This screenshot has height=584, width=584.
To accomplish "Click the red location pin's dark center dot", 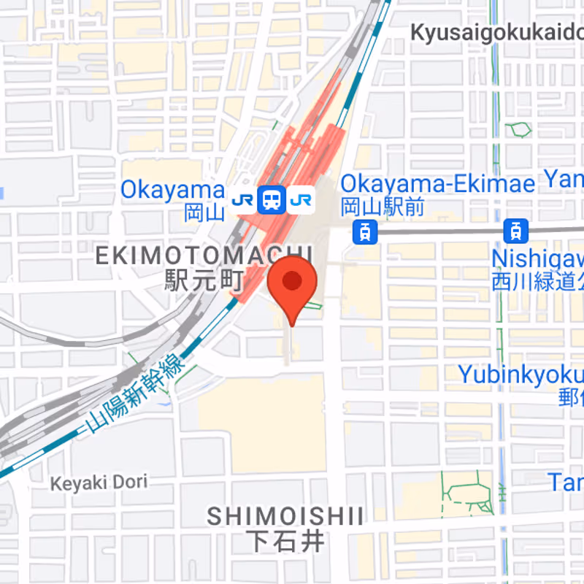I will click(292, 281).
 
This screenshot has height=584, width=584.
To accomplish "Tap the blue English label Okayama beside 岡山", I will click(172, 191).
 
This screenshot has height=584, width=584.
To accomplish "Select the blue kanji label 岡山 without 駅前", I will click(204, 212).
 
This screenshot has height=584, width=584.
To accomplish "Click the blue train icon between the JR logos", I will click(271, 199).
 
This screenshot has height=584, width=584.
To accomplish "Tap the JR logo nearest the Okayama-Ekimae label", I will click(300, 199).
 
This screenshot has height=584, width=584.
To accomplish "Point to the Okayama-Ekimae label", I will click(437, 183).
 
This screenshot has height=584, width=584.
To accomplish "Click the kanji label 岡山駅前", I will click(383, 207).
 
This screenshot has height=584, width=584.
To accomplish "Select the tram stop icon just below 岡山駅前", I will click(364, 233).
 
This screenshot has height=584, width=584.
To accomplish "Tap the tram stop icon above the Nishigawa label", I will click(516, 231).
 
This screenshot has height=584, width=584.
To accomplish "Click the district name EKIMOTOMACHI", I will click(204, 255).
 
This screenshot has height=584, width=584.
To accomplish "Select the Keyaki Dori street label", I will click(99, 482).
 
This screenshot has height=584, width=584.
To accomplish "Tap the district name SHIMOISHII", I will click(285, 517).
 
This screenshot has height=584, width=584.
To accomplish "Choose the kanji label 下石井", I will click(285, 542).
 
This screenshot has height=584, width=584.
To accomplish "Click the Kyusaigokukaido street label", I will click(496, 33).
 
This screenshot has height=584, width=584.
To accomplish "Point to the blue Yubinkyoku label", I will click(520, 374).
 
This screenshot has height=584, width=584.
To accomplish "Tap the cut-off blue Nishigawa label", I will click(537, 258).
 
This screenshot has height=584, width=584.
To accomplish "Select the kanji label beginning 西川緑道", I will click(537, 281).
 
